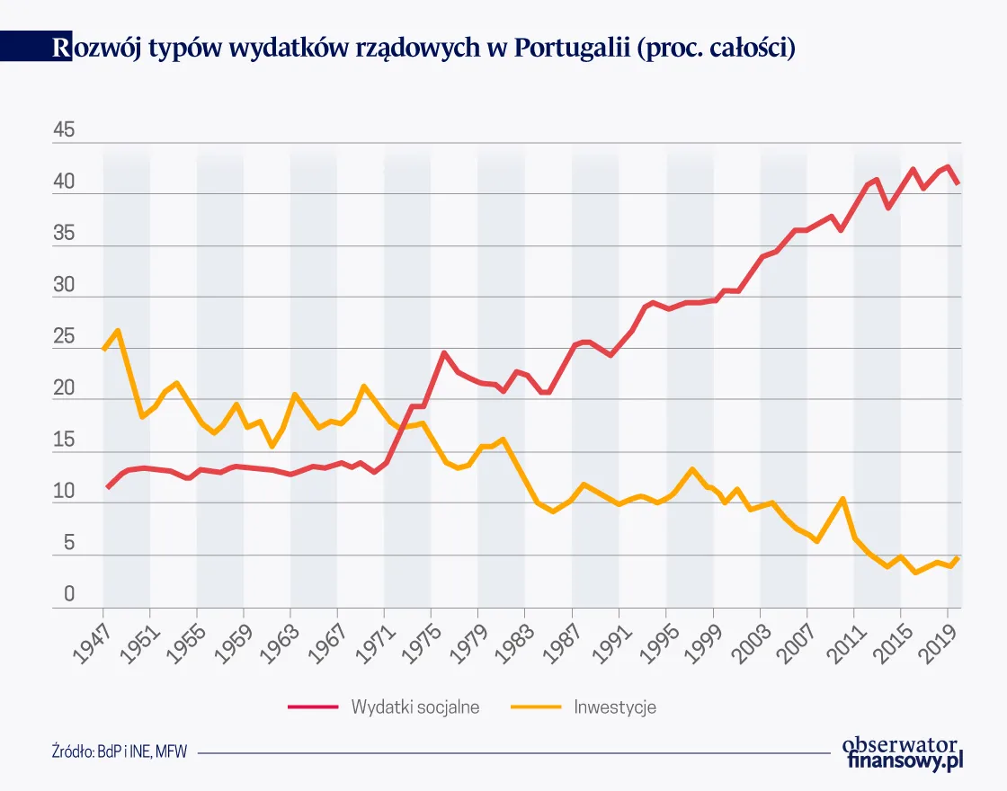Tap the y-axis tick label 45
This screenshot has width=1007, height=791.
tap(65, 131)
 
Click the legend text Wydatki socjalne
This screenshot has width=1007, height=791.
tap(414, 707)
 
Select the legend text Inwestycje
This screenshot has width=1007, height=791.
tap(615, 707)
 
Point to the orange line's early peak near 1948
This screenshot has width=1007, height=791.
tap(118, 331)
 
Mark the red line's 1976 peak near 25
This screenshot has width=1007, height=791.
tap(443, 353)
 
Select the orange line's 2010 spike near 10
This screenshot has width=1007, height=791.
tap(842, 499)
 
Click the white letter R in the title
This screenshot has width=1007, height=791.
tap(61, 48)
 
